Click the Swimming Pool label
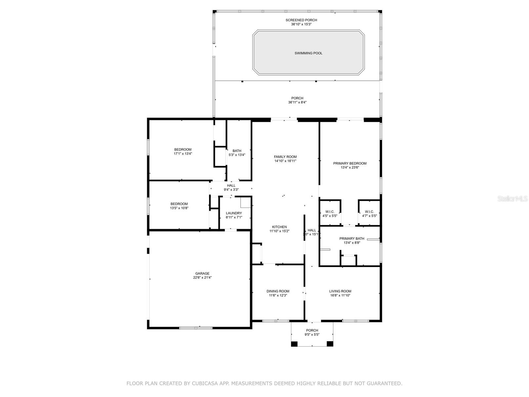click(308, 53)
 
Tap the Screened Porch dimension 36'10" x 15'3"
click(301, 24)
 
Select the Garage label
click(202, 274)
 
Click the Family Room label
click(285, 157)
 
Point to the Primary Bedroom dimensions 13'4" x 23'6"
click(350, 168)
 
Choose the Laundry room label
click(234, 213)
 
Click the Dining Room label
click(278, 291)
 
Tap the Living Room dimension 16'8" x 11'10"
click(340, 296)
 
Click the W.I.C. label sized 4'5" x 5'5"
click(330, 212)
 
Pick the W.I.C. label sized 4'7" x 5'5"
click(369, 212)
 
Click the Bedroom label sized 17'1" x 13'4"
click(183, 150)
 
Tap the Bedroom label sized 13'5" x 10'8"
click(179, 204)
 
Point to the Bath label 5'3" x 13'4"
click(237, 151)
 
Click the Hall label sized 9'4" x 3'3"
click(231, 186)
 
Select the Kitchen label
click(279, 227)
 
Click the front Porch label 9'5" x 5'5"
click(312, 331)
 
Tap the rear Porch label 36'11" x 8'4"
click(297, 98)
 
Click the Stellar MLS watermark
click(512, 199)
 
